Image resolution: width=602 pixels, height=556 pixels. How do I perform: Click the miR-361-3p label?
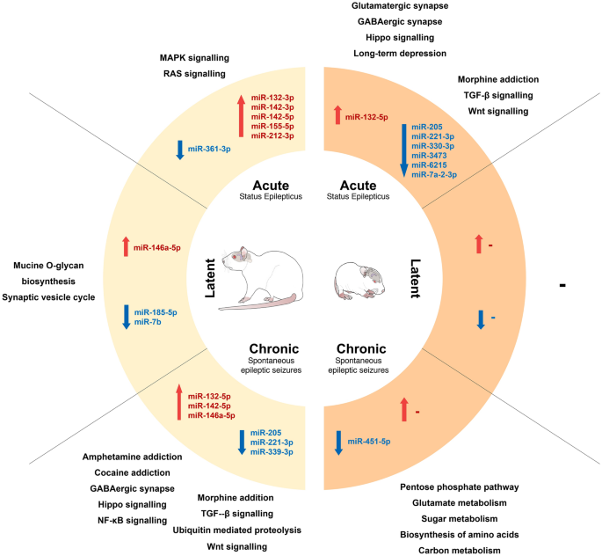(209, 150)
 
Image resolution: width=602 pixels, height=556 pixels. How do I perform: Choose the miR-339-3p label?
(271, 451)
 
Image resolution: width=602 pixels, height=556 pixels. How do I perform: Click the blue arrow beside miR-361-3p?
(179, 149)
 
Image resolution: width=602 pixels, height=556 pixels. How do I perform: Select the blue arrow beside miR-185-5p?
(127, 317)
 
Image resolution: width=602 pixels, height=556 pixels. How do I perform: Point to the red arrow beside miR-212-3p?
(241, 117)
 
